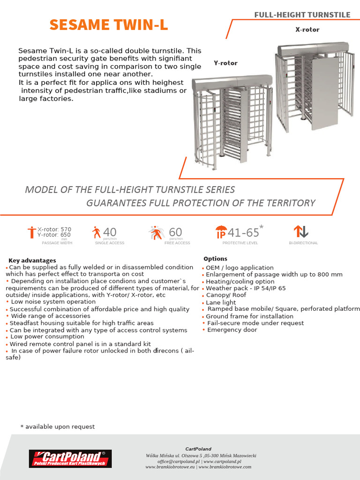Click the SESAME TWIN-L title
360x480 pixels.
(x=109, y=25)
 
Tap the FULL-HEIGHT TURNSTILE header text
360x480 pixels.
(x=302, y=15)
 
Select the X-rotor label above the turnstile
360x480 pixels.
(x=307, y=30)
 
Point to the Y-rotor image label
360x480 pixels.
(x=225, y=63)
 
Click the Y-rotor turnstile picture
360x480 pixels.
(x=232, y=122)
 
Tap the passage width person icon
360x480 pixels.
(x=31, y=232)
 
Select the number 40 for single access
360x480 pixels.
(x=110, y=232)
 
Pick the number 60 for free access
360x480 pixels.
(x=175, y=232)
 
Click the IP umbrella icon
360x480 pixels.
(x=221, y=232)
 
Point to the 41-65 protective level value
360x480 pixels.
(x=243, y=232)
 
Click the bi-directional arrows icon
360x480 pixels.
(x=300, y=232)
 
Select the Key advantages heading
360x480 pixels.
(x=32, y=260)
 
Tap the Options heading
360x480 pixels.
(x=215, y=259)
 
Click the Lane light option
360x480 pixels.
(x=221, y=303)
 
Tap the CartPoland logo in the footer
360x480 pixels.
(x=70, y=458)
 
